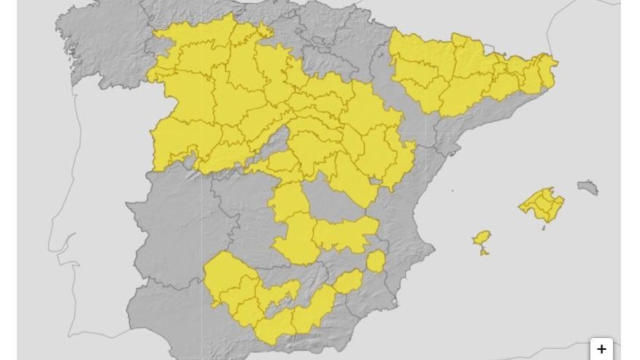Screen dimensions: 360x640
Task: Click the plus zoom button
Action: pyautogui.click(x=601, y=349)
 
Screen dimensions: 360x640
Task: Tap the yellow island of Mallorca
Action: pyautogui.click(x=543, y=204)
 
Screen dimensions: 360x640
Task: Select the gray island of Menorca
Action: pyautogui.click(x=588, y=188)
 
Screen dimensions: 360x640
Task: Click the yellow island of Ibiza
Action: pyautogui.click(x=481, y=239)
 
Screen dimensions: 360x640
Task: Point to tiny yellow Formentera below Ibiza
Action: pyautogui.click(x=484, y=252)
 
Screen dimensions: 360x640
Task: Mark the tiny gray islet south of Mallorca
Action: pyautogui.click(x=544, y=228)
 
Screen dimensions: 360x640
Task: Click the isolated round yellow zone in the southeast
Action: pyautogui.click(x=376, y=261)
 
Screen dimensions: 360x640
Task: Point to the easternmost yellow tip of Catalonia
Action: pyautogui.click(x=554, y=64)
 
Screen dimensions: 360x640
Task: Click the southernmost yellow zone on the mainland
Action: pyautogui.click(x=274, y=332)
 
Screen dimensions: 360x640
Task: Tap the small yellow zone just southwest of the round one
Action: pyautogui.click(x=348, y=280)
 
